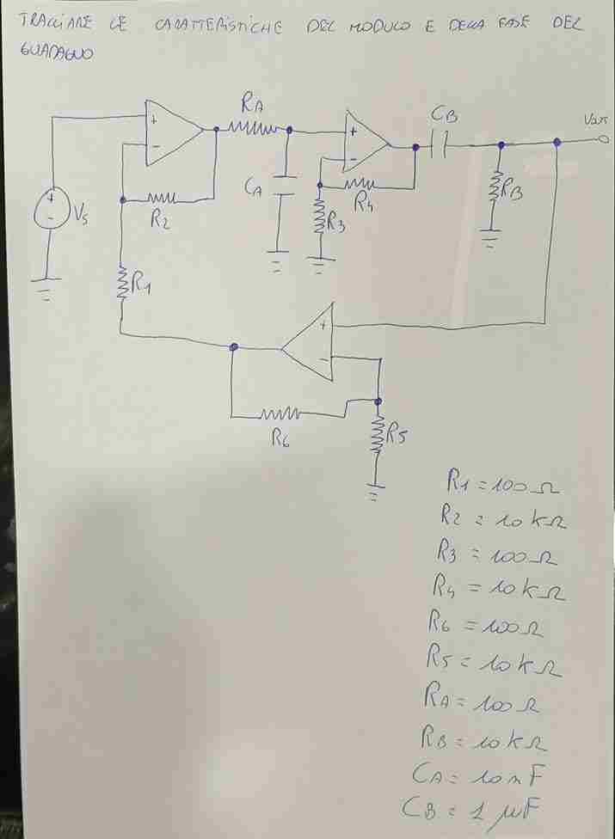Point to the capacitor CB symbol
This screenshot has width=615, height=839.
[x=440, y=146]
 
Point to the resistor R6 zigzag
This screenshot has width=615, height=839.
[x=280, y=415]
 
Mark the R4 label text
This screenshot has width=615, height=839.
[x=366, y=205]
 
